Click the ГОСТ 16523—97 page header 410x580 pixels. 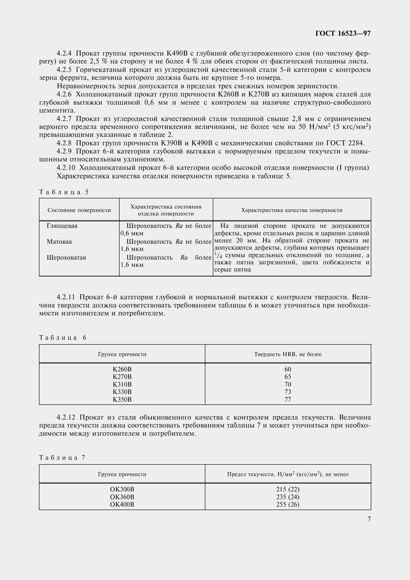coord(343,33)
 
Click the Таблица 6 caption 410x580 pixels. coord(63,337)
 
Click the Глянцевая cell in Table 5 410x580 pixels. coord(62,226)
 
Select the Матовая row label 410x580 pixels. coord(59,242)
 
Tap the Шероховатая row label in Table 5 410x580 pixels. coord(66,258)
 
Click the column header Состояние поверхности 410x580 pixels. coord(79,210)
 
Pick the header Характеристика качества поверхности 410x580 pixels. coord(292,210)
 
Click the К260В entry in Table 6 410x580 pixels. coord(122,369)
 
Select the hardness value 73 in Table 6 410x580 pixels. coord(288,392)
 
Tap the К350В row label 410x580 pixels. coord(122,399)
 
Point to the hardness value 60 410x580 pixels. coord(288,369)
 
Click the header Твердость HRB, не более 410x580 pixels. coord(288,354)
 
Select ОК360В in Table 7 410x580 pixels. coord(122,497)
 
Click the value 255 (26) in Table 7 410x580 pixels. coord(288,504)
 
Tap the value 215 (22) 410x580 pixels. coord(288,489)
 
